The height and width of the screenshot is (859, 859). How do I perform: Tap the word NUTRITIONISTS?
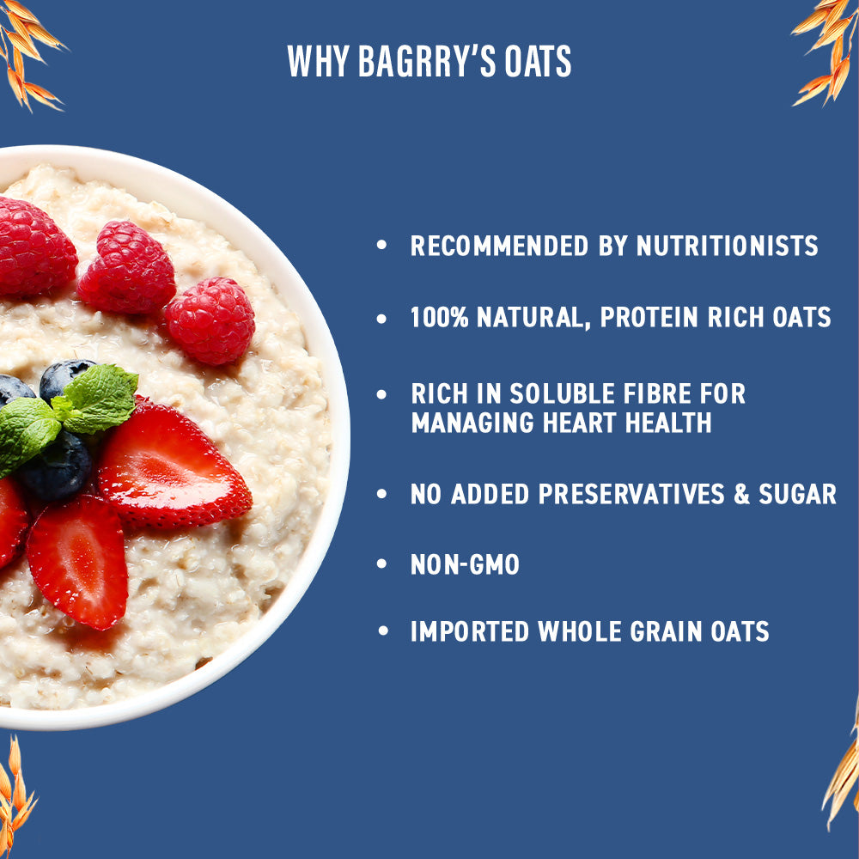coord(727,247)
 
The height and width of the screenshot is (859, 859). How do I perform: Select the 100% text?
coord(439,318)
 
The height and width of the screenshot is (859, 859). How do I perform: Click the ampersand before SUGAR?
coord(741,494)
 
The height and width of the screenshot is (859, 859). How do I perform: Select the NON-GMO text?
coord(465,564)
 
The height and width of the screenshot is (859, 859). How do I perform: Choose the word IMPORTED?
coord(469,632)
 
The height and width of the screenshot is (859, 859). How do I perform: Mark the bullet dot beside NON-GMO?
coord(383,564)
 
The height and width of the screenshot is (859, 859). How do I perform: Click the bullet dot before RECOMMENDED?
coord(383,247)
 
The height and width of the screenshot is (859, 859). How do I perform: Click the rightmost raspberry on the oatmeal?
coord(210,320)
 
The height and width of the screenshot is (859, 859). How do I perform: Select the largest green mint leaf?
coord(101,397)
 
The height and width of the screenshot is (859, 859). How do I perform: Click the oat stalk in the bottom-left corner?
coord(15,790)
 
